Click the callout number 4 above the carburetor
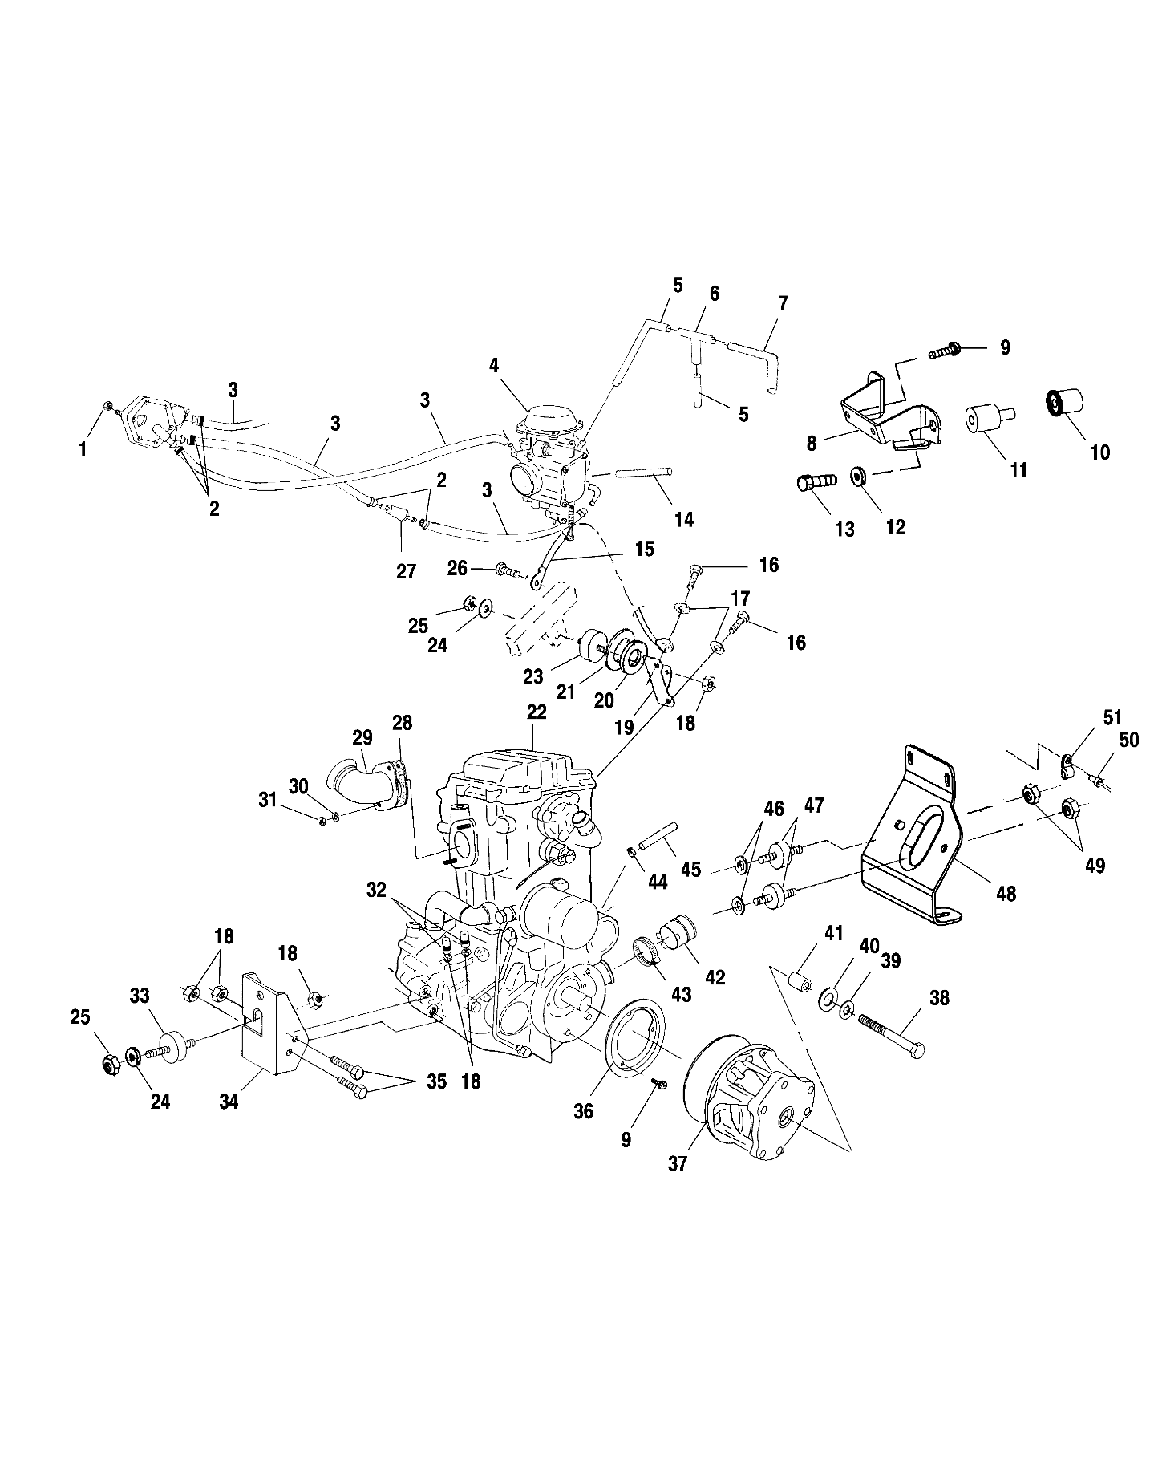(x=494, y=366)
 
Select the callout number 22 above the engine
(x=537, y=712)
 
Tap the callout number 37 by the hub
(x=678, y=1163)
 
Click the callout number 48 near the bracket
(x=1005, y=893)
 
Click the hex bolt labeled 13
(x=816, y=482)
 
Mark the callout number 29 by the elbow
(x=362, y=738)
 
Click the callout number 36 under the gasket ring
(x=584, y=1112)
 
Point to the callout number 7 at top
(x=783, y=303)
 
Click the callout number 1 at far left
(x=83, y=449)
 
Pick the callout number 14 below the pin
(x=683, y=519)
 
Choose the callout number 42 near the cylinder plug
(x=715, y=977)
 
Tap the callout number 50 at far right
(x=1128, y=739)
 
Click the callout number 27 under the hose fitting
(x=407, y=571)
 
